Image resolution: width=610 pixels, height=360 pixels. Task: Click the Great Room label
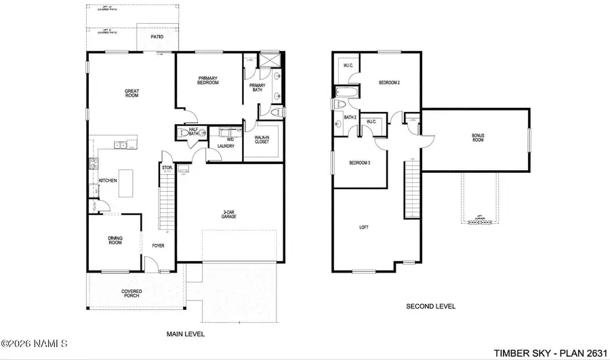(131, 93)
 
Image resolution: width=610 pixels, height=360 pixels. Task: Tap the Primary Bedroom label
(208, 81)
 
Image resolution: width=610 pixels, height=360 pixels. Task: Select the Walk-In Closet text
(261, 140)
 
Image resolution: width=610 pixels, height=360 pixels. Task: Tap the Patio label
(157, 37)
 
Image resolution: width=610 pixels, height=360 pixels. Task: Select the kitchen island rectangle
(126, 181)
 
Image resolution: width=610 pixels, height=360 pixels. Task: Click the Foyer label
(157, 245)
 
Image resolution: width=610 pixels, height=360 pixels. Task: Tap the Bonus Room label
(478, 138)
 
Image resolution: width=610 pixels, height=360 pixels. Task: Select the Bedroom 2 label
(389, 83)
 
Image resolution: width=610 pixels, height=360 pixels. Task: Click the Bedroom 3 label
(359, 163)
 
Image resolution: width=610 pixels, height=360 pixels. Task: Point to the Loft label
(363, 227)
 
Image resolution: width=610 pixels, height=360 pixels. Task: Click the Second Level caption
(430, 306)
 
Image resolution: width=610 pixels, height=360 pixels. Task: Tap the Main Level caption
(185, 334)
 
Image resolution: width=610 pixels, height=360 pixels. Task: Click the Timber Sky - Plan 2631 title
(549, 352)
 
